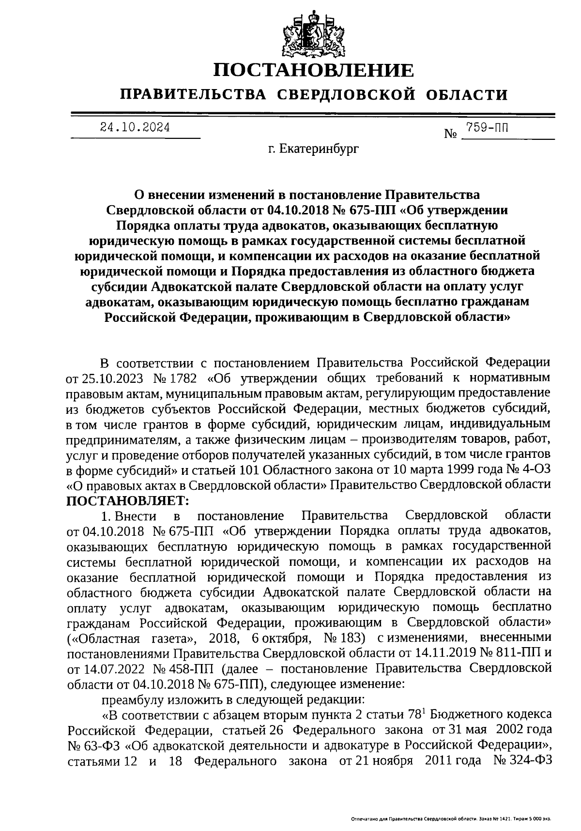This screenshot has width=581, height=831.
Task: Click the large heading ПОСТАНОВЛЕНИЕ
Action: pyautogui.click(x=314, y=71)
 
